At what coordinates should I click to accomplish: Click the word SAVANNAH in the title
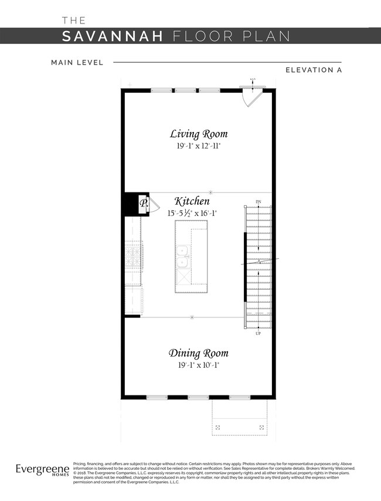tap(113, 36)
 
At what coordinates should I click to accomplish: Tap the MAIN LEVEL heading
tap(77, 62)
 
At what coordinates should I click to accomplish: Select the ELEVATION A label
tap(314, 70)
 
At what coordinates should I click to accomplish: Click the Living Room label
tap(199, 134)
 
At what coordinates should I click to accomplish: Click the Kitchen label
tap(192, 202)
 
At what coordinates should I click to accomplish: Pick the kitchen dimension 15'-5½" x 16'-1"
tap(192, 214)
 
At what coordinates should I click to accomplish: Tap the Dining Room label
tap(199, 353)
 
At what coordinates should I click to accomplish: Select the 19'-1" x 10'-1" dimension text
tap(199, 365)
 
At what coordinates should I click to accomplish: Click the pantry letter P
tap(143, 204)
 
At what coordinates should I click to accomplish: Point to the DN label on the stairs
tap(258, 202)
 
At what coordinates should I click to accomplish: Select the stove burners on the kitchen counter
tap(134, 255)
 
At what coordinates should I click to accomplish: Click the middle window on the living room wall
tap(185, 90)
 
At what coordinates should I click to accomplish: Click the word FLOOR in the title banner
tap(204, 36)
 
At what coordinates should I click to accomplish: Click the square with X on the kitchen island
tap(182, 274)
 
